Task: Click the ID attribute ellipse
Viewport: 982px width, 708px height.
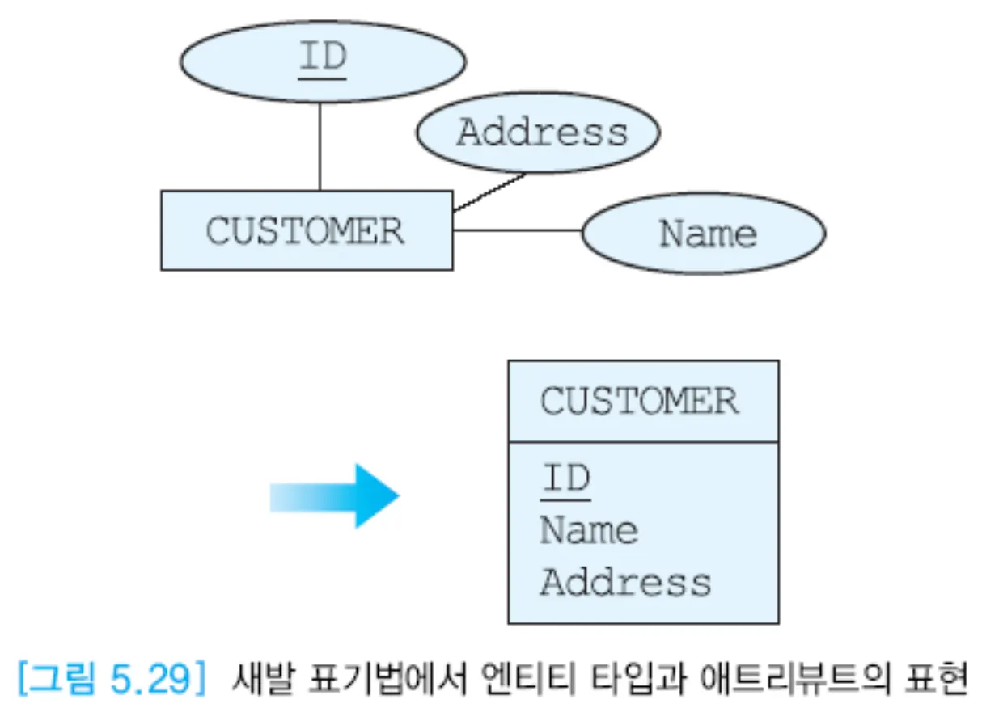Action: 322,61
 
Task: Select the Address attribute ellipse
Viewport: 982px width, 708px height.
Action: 538,132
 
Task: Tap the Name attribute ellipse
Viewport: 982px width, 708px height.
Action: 704,233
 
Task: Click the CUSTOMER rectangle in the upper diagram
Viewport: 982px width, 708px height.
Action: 306,230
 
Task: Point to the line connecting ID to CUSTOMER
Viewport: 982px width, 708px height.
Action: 320,146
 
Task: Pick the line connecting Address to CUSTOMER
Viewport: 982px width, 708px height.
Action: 489,192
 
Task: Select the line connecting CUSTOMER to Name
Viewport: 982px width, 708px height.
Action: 517,230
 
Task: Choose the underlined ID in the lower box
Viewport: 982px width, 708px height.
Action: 565,479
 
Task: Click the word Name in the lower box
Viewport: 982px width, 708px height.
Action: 588,530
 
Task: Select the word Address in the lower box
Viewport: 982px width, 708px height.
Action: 625,582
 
